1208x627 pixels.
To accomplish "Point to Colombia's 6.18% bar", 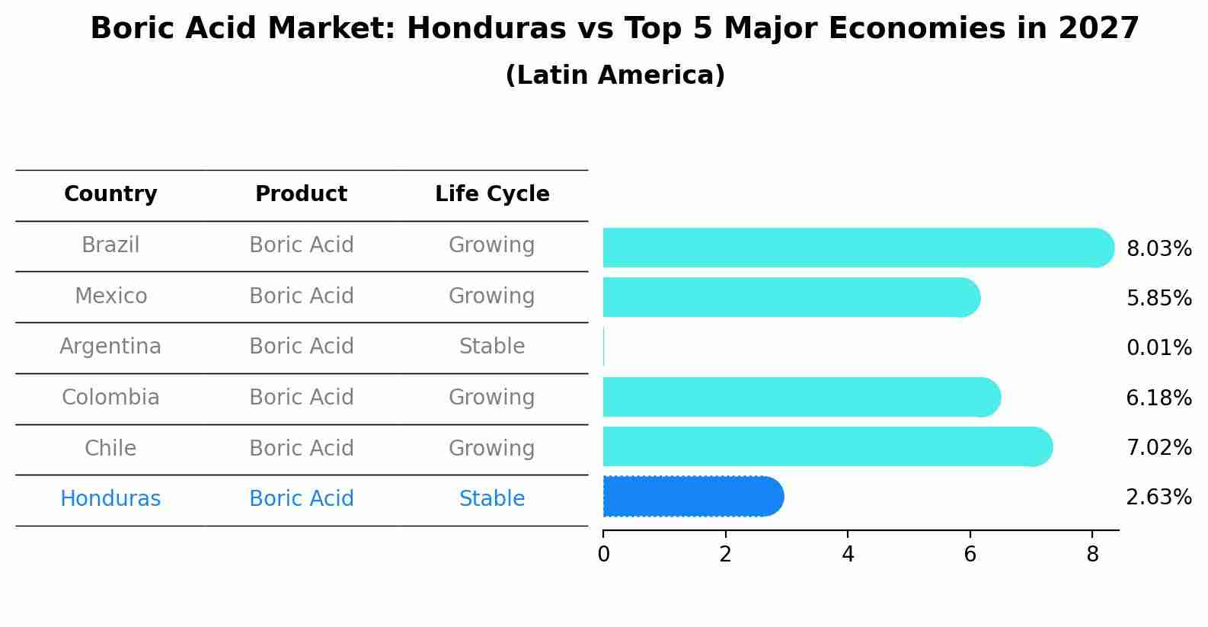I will click(x=801, y=397).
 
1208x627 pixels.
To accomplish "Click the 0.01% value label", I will click(x=1158, y=348).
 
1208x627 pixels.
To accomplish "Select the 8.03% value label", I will click(x=1158, y=249).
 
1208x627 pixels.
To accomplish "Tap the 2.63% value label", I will click(x=1158, y=497).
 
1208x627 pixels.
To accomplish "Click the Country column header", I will click(x=110, y=194).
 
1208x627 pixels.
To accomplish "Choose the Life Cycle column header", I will click(x=492, y=194).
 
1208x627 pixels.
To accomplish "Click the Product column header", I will click(x=301, y=194).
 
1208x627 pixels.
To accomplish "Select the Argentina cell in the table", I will click(x=110, y=347).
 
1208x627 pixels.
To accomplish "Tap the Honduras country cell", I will click(x=110, y=499).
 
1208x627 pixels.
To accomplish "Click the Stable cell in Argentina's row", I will click(x=492, y=347).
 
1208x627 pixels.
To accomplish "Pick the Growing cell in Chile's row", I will click(x=492, y=448).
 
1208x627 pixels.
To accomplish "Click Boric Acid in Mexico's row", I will click(x=301, y=296).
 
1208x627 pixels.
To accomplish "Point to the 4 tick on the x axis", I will click(x=848, y=554).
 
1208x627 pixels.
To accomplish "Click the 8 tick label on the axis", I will click(x=1092, y=554).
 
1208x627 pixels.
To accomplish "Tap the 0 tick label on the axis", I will click(x=603, y=554).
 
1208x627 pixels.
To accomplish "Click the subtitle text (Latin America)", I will click(x=615, y=75).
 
